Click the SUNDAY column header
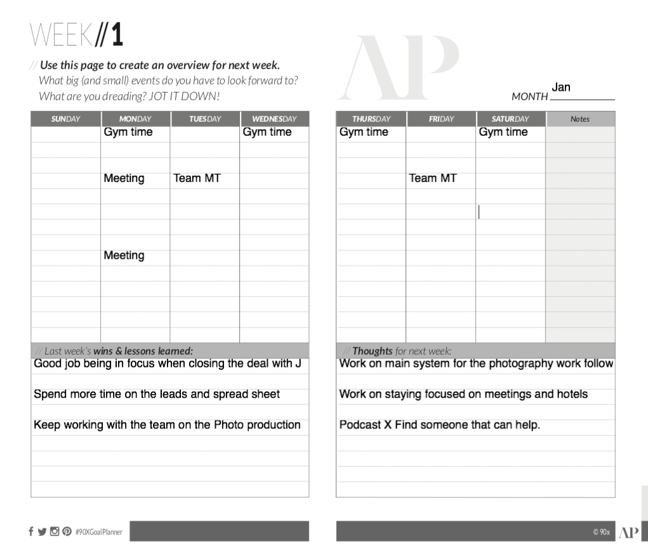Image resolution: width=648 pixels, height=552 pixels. (65, 119)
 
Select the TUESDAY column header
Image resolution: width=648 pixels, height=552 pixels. (204, 119)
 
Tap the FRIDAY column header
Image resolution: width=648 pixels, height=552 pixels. (441, 119)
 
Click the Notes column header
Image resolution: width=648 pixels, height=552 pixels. (579, 119)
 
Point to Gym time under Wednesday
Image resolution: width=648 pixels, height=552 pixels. (267, 132)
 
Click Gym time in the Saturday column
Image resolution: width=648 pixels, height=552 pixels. (503, 132)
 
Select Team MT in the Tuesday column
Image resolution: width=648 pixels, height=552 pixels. (197, 178)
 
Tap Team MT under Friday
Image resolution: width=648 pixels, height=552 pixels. (433, 178)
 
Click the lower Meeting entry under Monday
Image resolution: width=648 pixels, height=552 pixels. (124, 255)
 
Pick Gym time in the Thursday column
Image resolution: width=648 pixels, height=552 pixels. (364, 132)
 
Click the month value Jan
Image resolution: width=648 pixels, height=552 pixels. (561, 87)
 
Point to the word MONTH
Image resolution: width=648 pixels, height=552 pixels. (529, 96)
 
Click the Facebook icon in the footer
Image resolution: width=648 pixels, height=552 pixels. (30, 531)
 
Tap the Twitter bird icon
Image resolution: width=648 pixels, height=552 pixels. (42, 532)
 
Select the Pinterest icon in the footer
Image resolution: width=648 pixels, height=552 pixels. (67, 531)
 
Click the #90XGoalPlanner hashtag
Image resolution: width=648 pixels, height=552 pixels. (99, 532)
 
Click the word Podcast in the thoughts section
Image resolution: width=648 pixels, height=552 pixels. (360, 425)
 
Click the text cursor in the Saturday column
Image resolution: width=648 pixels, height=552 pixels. (479, 212)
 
